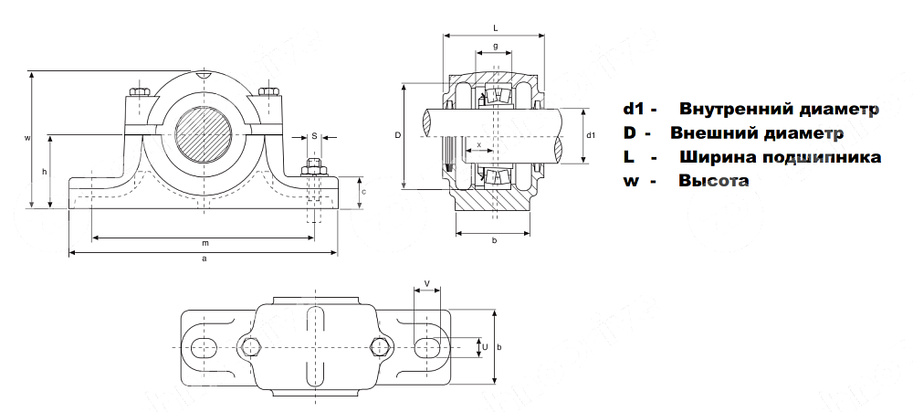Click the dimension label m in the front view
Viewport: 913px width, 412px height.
(205, 243)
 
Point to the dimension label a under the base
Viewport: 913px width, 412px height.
(205, 259)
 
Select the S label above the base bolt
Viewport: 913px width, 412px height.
(314, 135)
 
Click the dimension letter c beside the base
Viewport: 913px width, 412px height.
(363, 192)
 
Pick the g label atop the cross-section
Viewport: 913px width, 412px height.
(494, 46)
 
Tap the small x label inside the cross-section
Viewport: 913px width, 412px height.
(478, 144)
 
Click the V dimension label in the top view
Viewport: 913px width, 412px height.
(427, 283)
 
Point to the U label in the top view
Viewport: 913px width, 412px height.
(485, 346)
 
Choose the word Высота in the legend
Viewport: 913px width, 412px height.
(713, 181)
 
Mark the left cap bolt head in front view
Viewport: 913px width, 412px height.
(140, 92)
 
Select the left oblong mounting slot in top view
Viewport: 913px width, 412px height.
(204, 345)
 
